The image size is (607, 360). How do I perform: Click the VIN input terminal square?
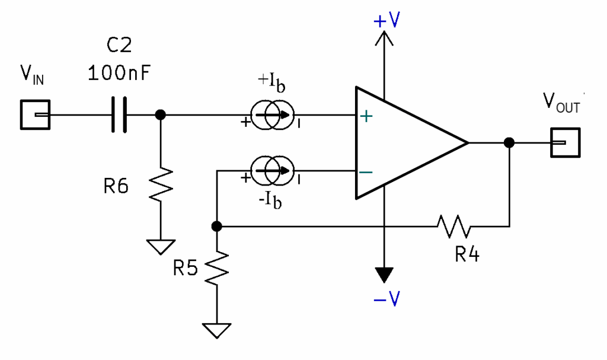[x=35, y=114]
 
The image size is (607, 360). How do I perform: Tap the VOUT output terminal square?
[x=564, y=143]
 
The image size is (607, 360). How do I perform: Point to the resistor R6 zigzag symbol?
[x=159, y=186]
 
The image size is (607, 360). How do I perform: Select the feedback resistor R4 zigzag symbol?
[x=454, y=226]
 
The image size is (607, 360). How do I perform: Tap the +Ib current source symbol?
[x=271, y=115]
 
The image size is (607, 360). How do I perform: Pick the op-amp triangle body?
[x=403, y=143]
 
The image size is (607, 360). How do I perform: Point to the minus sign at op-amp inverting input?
[x=366, y=172]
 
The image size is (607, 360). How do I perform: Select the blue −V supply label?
[x=386, y=300]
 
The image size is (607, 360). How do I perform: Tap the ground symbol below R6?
[x=159, y=246]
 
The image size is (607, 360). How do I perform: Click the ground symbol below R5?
[x=217, y=329]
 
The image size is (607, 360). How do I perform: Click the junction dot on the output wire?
[x=509, y=143]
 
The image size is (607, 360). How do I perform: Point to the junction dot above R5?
[x=217, y=226]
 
